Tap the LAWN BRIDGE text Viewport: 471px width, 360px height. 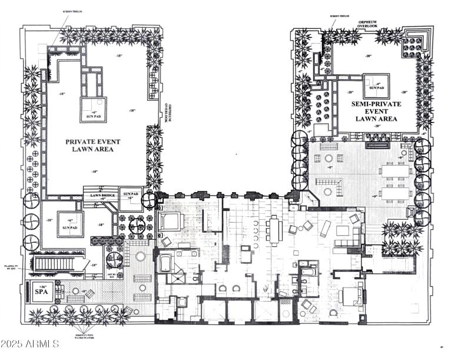click(x=101, y=196)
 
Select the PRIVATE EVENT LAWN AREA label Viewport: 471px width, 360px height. click(x=89, y=145)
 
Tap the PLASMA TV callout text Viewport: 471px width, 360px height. click(x=11, y=267)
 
